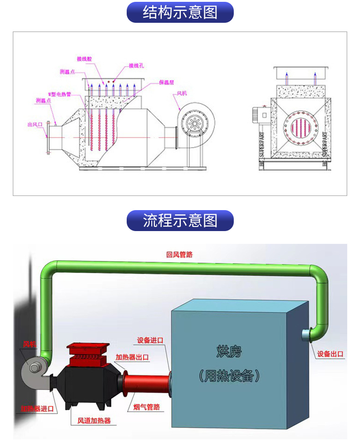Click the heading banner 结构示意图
click(x=180, y=12)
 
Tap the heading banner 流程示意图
click(x=180, y=221)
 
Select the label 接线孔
click(x=136, y=66)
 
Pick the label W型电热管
click(x=60, y=94)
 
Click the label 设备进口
click(x=150, y=340)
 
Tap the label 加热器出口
click(x=132, y=357)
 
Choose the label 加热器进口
click(x=37, y=409)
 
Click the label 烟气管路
click(x=147, y=407)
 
